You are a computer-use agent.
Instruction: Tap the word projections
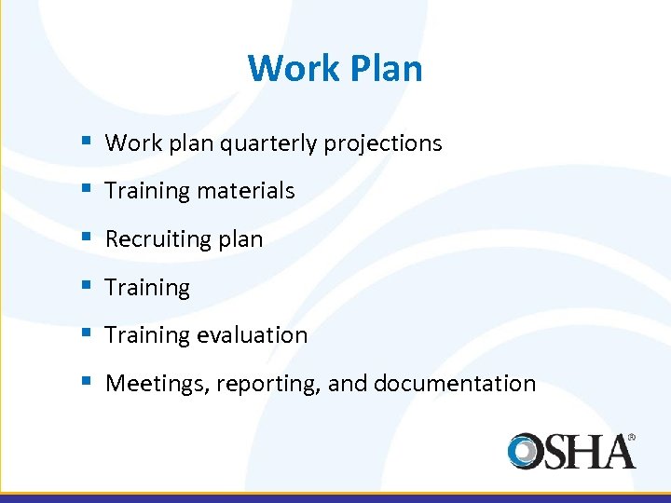pyautogui.click(x=382, y=143)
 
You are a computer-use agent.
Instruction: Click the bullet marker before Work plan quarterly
pyautogui.click(x=85, y=143)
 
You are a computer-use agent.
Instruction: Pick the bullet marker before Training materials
pyautogui.click(x=85, y=190)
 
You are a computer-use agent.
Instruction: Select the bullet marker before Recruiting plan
pyautogui.click(x=85, y=238)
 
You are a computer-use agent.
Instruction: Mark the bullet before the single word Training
pyautogui.click(x=85, y=287)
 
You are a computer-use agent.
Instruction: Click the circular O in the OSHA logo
pyautogui.click(x=527, y=451)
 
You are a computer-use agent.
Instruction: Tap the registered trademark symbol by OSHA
pyautogui.click(x=632, y=436)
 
